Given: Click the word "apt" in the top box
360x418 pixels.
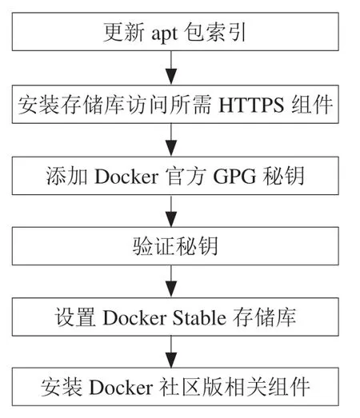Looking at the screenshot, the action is tap(164, 34).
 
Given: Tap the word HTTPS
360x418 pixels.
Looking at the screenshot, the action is tap(251, 105).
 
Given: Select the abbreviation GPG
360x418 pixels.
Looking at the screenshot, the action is tap(234, 176).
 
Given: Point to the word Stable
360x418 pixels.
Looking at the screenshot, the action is tap(199, 317).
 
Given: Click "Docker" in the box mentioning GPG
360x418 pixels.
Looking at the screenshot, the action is tap(126, 176).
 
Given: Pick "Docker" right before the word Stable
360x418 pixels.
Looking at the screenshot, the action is tap(134, 317).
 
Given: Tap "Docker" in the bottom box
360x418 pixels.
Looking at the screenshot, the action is tap(121, 388).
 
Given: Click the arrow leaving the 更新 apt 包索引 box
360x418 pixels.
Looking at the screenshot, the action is tap(171, 68).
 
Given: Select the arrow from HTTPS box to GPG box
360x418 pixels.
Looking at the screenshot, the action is tap(171, 140).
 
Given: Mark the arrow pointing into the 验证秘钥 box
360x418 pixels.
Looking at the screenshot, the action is tap(171, 211).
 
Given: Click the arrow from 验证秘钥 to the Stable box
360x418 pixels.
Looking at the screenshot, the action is tap(171, 281).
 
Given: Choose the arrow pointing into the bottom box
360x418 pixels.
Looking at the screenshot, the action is tap(171, 352).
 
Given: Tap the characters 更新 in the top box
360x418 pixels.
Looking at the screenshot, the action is tap(124, 33).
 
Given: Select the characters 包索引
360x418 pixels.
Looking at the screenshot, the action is tap(215, 33).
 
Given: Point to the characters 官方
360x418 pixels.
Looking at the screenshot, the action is tap(186, 176).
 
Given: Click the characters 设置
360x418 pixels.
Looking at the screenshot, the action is tap(75, 317).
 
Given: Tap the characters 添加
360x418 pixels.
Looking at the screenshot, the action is tap(66, 176).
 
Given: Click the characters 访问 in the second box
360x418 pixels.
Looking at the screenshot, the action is tap(147, 105).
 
